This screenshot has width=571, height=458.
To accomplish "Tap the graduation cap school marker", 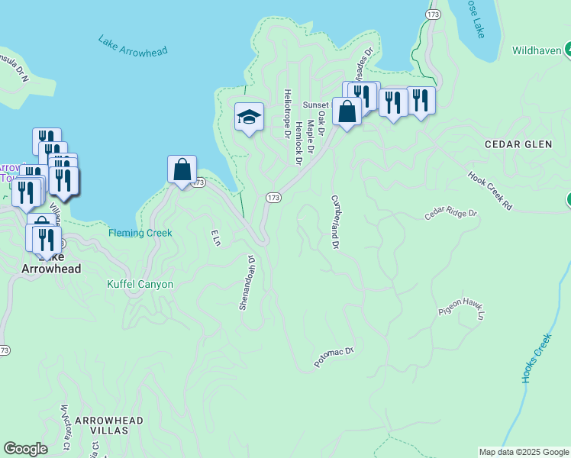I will (249, 118).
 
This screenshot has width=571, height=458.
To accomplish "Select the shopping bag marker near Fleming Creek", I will (182, 169).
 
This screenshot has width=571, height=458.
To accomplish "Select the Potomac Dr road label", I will (335, 359).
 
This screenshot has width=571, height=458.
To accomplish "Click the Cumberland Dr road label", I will (334, 222).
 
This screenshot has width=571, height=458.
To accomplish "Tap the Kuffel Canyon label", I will (140, 285).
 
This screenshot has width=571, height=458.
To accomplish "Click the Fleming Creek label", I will (140, 233).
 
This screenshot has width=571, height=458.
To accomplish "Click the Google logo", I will (25, 449).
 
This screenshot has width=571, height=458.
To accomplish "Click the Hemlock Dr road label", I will (299, 142).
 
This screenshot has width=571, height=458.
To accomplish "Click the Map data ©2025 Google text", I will (524, 452).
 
